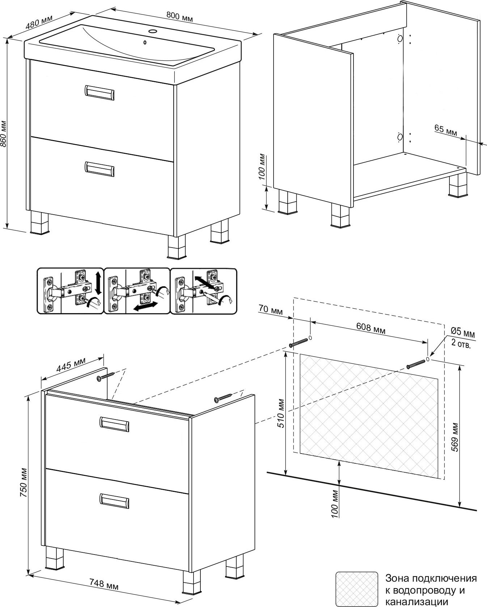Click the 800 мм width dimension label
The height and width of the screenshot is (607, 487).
point(179,16)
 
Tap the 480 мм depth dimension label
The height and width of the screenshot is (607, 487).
point(39,22)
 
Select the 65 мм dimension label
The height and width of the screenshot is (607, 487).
point(445,131)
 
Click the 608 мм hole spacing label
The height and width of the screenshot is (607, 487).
point(371,328)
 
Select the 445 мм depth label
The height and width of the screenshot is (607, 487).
point(71,366)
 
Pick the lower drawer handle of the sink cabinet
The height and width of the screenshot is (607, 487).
point(99,169)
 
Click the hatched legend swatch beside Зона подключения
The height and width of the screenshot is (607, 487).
point(356,589)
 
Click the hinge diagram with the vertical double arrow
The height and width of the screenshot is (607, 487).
point(70,291)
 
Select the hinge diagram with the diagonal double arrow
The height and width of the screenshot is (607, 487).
point(203,291)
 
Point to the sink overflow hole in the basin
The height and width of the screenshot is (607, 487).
point(145,43)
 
